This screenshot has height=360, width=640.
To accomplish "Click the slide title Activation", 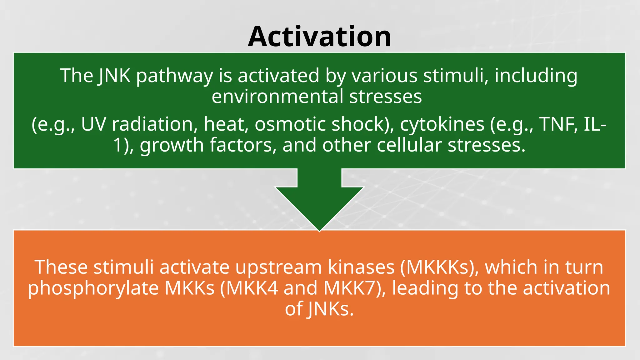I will (319, 37).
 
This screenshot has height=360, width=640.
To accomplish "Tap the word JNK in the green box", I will (114, 76).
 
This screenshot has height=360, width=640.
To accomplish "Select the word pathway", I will (174, 76).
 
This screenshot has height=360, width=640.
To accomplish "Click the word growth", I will (172, 145).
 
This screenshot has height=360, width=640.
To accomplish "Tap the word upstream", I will (278, 267).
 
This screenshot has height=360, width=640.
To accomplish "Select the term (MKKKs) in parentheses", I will (439, 267).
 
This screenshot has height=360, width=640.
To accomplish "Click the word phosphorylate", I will (93, 288).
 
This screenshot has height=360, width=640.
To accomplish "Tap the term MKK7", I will (353, 288).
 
